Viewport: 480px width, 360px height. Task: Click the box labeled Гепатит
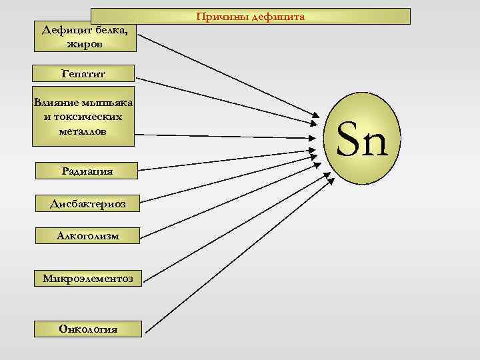pos(84,73)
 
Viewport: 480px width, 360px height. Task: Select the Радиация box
pos(84,171)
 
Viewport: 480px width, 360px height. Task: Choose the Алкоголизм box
pos(87,235)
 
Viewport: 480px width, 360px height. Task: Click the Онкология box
pos(88,329)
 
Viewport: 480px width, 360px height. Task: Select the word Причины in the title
pos(222,16)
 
